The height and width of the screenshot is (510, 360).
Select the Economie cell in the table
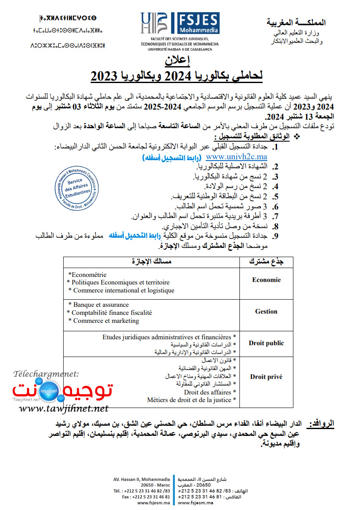pos(266,280)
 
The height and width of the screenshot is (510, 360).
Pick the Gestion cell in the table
pos(266,311)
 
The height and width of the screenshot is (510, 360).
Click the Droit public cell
pos(266,343)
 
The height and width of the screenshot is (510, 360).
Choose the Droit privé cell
pos(266,377)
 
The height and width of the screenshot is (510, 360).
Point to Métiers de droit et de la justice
pos(191,400)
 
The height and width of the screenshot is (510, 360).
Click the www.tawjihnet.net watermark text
pos(64,408)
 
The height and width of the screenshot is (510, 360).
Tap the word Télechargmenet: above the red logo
pos(46,373)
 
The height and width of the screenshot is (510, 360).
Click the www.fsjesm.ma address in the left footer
pos(153,503)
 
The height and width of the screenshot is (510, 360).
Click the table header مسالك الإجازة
pos(151,261)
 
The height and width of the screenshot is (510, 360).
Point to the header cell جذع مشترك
pos(266,261)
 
